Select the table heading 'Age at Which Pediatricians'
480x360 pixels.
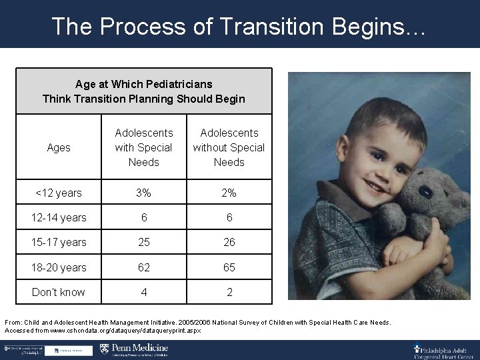(144, 84)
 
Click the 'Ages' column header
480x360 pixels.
(59, 147)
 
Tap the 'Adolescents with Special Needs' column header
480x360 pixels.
(143, 147)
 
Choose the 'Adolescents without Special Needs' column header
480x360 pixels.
(229, 147)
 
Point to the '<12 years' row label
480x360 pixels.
(59, 193)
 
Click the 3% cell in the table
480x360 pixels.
(143, 193)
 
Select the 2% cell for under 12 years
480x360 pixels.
(229, 193)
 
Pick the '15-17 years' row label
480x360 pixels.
(59, 242)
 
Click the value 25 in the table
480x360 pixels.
(143, 242)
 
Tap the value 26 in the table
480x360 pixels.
(229, 242)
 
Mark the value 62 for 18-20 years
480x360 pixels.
(143, 267)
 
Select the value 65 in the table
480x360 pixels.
(229, 267)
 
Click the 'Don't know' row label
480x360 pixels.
(59, 292)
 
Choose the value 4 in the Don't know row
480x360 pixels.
(143, 292)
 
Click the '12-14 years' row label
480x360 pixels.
(59, 217)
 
